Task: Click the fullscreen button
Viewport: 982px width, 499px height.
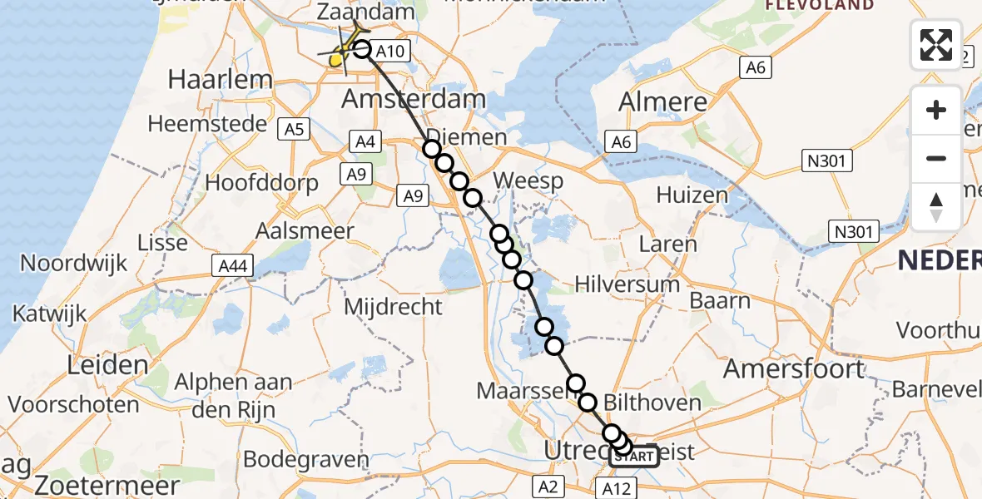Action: click(936, 45)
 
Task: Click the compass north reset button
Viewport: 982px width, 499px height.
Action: click(936, 207)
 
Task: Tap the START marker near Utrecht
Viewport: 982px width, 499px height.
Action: click(635, 457)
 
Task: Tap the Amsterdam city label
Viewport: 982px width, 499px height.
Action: click(414, 100)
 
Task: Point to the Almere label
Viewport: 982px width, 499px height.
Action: click(663, 103)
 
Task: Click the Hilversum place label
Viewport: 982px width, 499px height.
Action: click(627, 284)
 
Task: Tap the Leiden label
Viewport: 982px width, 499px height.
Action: click(82, 365)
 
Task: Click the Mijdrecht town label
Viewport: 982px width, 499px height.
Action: click(394, 307)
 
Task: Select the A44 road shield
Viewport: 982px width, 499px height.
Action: click(231, 266)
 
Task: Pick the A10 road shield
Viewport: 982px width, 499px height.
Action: click(389, 52)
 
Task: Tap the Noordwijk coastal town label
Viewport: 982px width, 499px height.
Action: click(74, 264)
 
